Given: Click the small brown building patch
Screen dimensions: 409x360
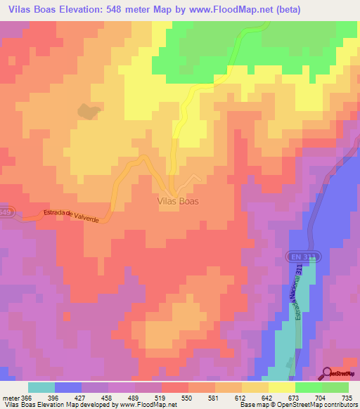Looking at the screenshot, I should [x=87, y=111].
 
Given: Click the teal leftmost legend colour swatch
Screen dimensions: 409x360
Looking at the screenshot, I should [x=41, y=387].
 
